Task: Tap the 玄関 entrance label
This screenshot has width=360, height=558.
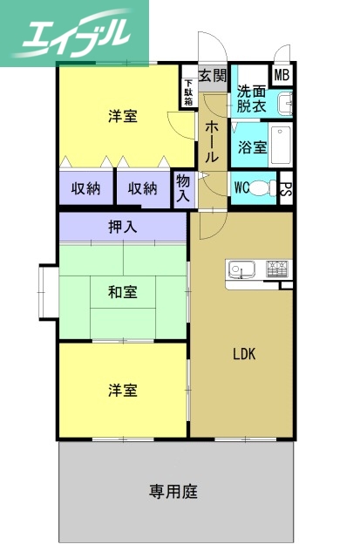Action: point(212,76)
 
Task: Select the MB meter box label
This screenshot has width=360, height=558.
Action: point(282,75)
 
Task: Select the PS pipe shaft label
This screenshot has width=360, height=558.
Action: point(286,187)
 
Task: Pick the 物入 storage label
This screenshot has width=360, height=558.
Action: point(183,188)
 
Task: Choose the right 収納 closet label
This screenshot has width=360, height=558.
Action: point(143,187)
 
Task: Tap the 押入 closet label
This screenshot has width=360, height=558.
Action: point(123,228)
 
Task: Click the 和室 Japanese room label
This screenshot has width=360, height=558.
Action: point(123,290)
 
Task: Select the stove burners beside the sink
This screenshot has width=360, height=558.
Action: point(277,266)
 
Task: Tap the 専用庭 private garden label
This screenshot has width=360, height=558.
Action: point(173,491)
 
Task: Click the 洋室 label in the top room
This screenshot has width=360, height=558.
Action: point(123,117)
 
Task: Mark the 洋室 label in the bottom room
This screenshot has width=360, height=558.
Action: point(123,390)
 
